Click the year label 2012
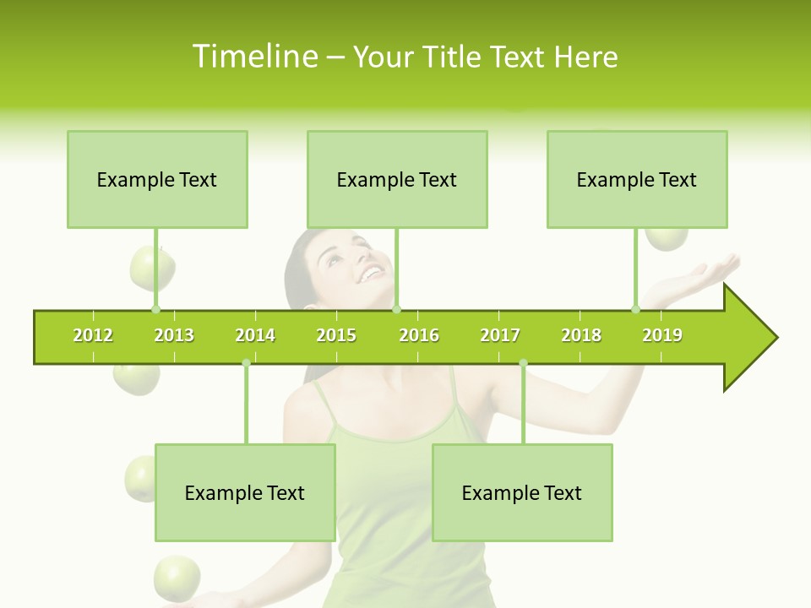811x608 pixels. pyautogui.click(x=93, y=336)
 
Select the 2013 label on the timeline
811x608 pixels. pyautogui.click(x=174, y=336)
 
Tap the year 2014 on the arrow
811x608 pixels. pyautogui.click(x=255, y=336)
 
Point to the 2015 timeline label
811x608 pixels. pyautogui.click(x=336, y=336)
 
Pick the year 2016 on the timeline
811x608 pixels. pyautogui.click(x=419, y=336)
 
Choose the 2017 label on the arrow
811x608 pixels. pyautogui.click(x=500, y=336)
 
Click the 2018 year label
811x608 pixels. pyautogui.click(x=581, y=336)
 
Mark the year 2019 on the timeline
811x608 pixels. pyautogui.click(x=662, y=336)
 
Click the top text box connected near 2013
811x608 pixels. pyautogui.click(x=157, y=179)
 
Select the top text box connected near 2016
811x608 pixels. pyautogui.click(x=397, y=179)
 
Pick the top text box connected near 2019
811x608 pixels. pyautogui.click(x=637, y=179)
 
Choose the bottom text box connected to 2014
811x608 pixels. pyautogui.click(x=245, y=492)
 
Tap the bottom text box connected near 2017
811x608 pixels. pyautogui.click(x=522, y=492)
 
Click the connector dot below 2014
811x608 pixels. pyautogui.click(x=246, y=363)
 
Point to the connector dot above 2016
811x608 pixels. pyautogui.click(x=396, y=309)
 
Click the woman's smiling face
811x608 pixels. pyautogui.click(x=355, y=262)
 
